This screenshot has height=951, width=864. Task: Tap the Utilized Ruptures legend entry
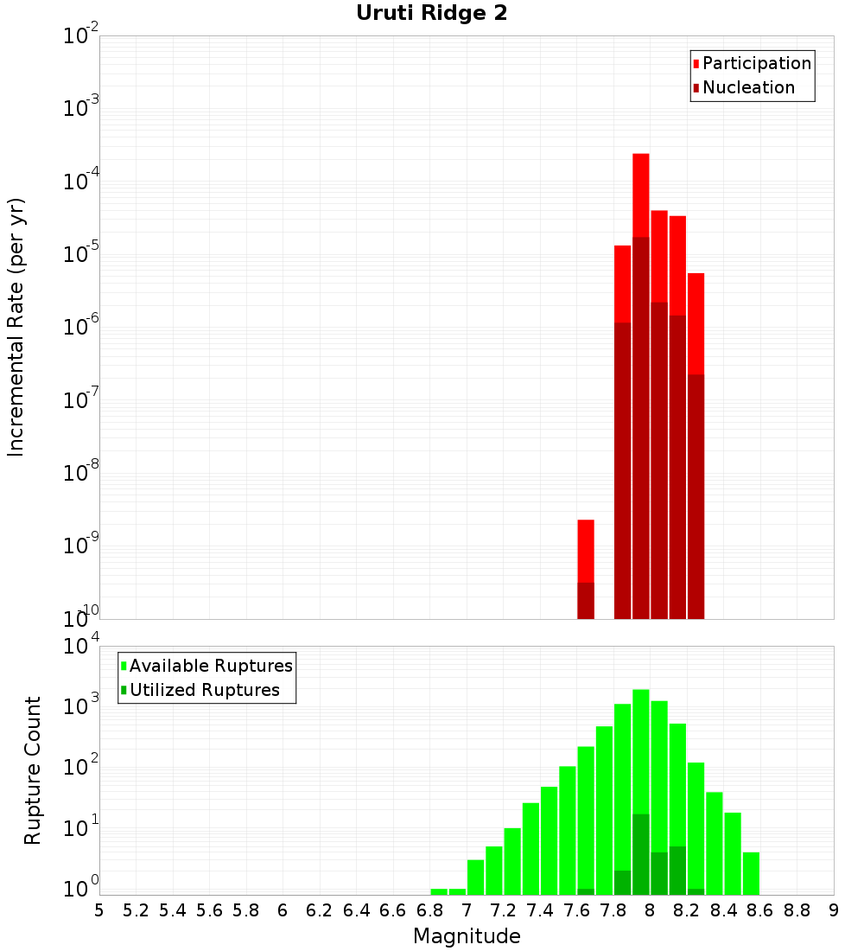pos(204,690)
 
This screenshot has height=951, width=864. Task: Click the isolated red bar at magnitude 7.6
pos(586,553)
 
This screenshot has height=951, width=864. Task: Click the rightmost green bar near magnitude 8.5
pos(751,873)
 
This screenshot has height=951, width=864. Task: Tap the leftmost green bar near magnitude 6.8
pos(439,891)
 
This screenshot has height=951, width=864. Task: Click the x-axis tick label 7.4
pos(540,910)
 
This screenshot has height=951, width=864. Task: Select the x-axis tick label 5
pos(98,910)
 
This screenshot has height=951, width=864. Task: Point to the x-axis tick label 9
pos(834,910)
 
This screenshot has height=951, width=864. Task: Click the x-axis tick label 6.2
pos(320,910)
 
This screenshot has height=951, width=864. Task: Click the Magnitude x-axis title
pos(467,936)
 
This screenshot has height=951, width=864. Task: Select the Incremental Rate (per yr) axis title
pos(16,327)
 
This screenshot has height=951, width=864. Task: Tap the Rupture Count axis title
pos(33,770)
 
